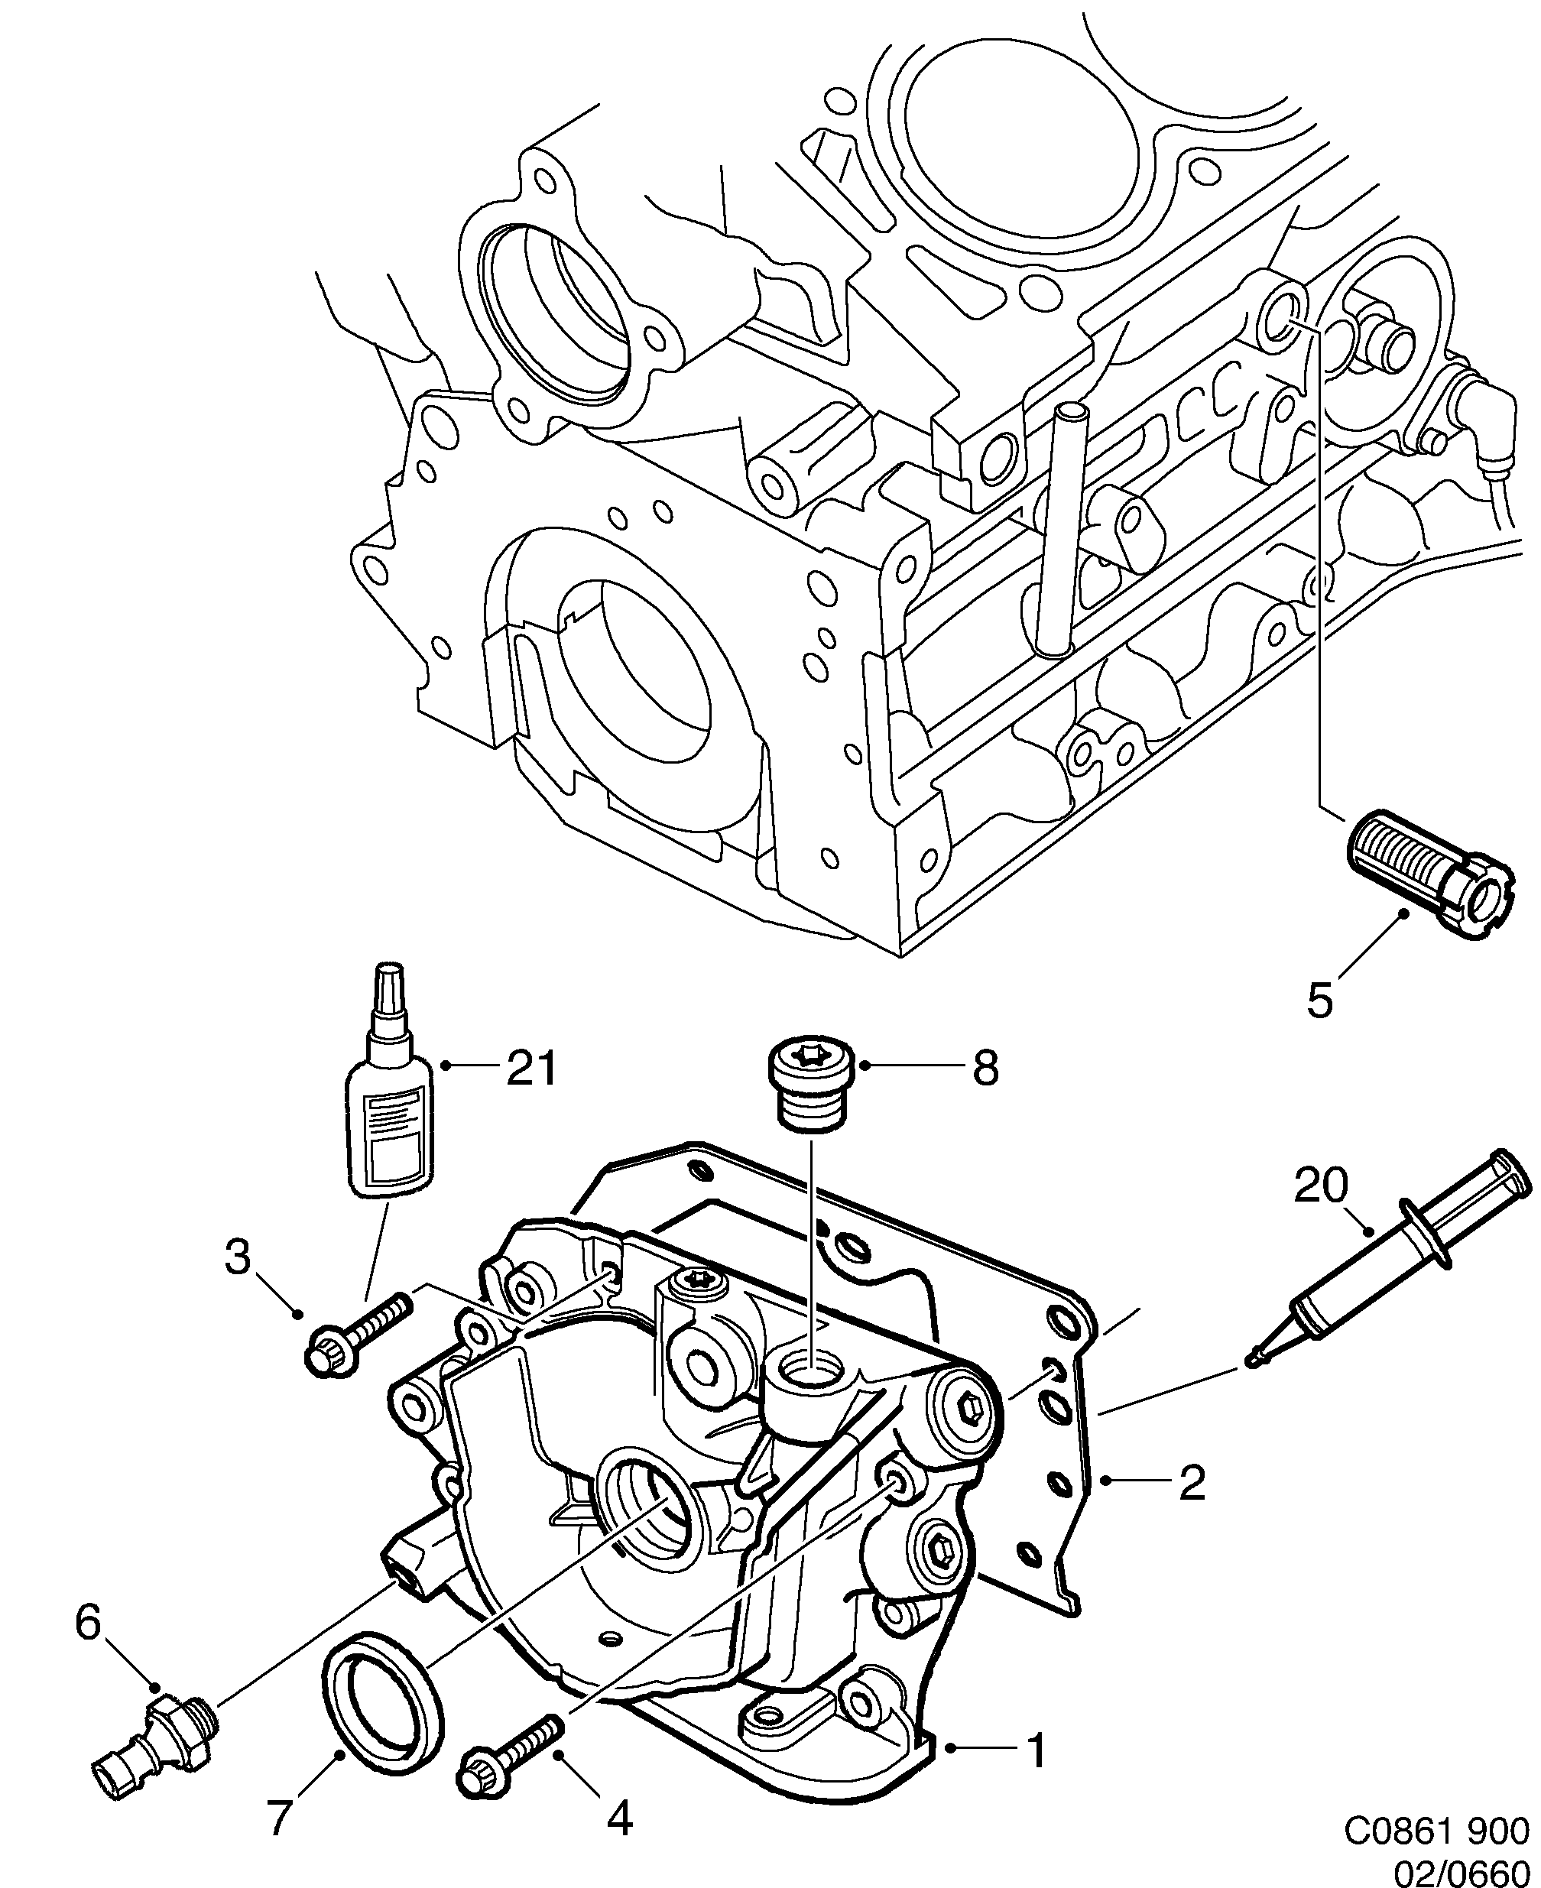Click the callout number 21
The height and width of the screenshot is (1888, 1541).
point(530,1069)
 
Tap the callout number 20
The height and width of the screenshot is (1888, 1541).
point(1321,1185)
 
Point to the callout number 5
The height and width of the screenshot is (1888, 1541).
point(1320,1001)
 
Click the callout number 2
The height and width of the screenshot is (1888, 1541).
point(1192,1481)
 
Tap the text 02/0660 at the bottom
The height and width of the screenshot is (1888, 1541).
point(1465,1870)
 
